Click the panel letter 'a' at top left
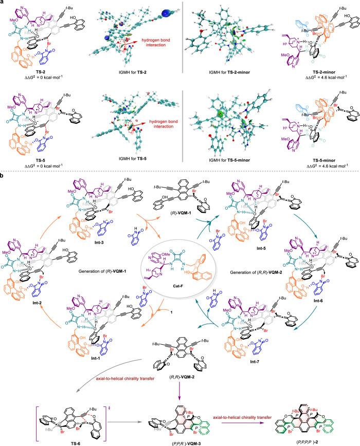(3, 3)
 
